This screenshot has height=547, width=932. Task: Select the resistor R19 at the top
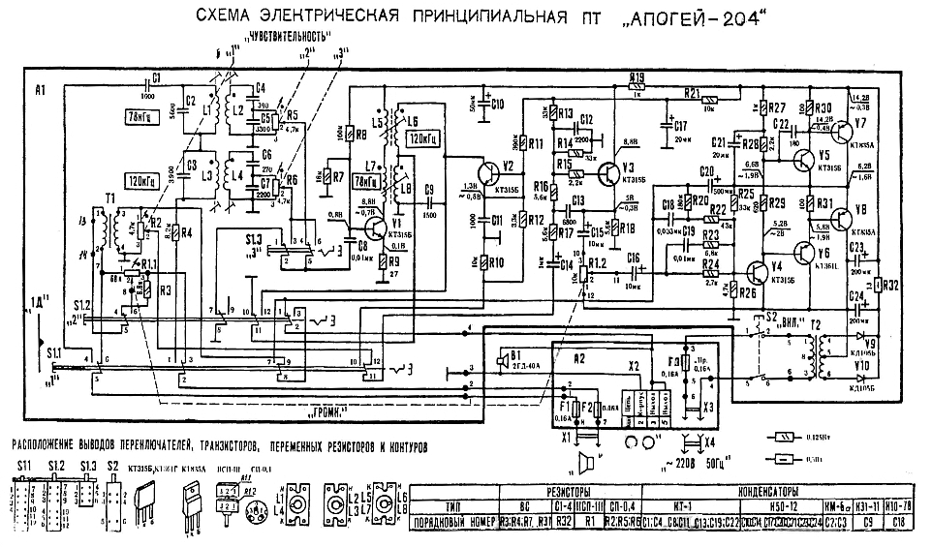click(x=636, y=86)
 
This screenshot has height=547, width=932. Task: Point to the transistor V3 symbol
click(x=608, y=172)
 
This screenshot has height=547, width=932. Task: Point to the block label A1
click(x=40, y=90)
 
